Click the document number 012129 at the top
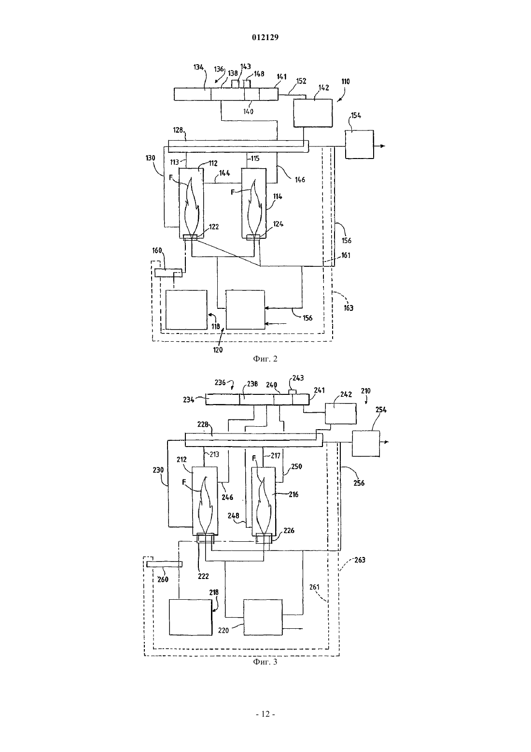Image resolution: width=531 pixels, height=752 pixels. (265, 37)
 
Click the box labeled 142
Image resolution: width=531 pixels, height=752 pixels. (313, 113)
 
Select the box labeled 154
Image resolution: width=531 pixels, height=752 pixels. (359, 145)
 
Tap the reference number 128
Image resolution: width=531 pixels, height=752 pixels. (178, 130)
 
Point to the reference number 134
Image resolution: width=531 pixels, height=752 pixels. (198, 67)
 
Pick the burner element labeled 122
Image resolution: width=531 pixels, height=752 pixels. (190, 238)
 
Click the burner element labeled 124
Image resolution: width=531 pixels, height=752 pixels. (253, 237)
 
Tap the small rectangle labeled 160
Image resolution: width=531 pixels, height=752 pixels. (168, 273)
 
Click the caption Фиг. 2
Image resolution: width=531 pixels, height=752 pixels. (265, 359)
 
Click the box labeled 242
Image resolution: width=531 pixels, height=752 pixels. (341, 414)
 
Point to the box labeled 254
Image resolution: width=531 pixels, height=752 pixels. (366, 444)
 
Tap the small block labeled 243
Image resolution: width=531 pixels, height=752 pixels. (293, 392)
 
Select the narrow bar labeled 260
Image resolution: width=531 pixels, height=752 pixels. (164, 564)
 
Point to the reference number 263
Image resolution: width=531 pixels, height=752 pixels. (360, 560)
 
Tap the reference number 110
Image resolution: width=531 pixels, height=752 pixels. (345, 82)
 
